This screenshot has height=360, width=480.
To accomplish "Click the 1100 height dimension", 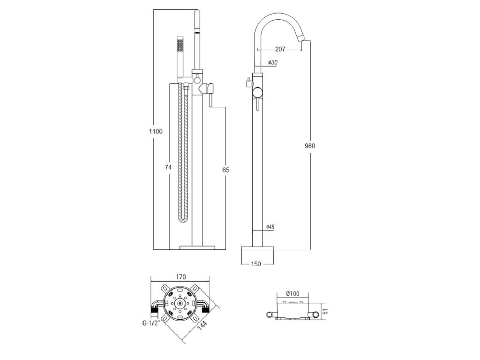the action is coord(156,132).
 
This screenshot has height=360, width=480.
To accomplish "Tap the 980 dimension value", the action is coord(310,146).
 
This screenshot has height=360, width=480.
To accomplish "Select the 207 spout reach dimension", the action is coord(280,49).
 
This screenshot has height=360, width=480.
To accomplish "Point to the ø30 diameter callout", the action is coord(272,62).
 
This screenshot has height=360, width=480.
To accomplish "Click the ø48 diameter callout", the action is coord(270,227).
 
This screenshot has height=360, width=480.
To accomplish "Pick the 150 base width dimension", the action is coord(256,264).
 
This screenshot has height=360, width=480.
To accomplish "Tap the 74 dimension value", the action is coord(168,167).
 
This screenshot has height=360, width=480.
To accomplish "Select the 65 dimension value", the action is coord(225,170).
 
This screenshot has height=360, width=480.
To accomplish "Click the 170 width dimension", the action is coord(180,277).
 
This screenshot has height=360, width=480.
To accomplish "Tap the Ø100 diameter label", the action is coord(292,293).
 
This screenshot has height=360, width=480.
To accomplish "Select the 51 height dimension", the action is coord(326,312).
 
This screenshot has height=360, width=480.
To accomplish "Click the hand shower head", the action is coord(180,57).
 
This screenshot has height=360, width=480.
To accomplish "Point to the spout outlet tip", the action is coord(304,39).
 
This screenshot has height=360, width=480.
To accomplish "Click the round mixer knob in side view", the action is coord(258,92).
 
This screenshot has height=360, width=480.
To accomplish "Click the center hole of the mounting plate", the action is coord(180,303).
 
